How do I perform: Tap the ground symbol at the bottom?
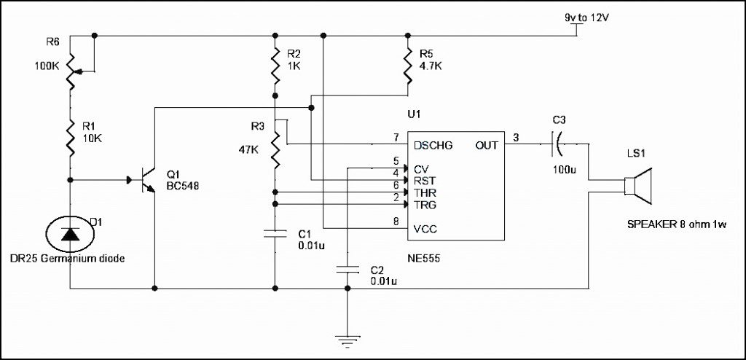click(x=348, y=337)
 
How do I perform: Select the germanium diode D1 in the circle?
click(x=70, y=233)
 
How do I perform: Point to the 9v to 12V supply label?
click(x=588, y=16)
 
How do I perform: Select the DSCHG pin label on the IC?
click(x=433, y=145)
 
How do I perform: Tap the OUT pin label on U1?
click(x=487, y=145)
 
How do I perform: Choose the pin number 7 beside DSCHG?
click(x=396, y=137)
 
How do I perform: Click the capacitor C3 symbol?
click(x=557, y=144)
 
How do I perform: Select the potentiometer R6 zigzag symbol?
click(x=71, y=71)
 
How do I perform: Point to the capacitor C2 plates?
click(x=348, y=270)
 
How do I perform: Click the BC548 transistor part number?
click(x=183, y=186)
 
